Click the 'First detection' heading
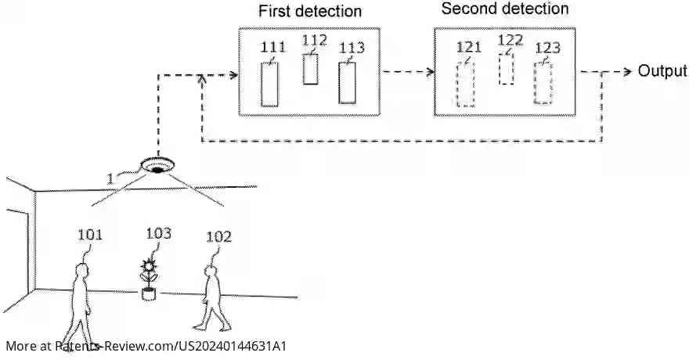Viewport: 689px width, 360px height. pyautogui.click(x=310, y=12)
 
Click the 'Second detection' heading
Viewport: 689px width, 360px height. pyautogui.click(x=505, y=9)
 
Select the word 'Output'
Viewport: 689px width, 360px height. pyautogui.click(x=662, y=71)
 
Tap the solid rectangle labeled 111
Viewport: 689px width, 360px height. pyautogui.click(x=270, y=84)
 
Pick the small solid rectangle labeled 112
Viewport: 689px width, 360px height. pyautogui.click(x=311, y=69)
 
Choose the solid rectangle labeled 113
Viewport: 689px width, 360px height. pyautogui.click(x=348, y=82)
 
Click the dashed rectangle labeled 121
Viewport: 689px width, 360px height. pyautogui.click(x=466, y=84)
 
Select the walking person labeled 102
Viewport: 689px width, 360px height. pyautogui.click(x=209, y=297)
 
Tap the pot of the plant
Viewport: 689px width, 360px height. pyautogui.click(x=148, y=294)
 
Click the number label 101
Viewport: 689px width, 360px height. pyautogui.click(x=90, y=233)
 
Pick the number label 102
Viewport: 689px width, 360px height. pyautogui.click(x=218, y=235)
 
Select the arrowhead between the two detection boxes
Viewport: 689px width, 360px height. pyautogui.click(x=429, y=71)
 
